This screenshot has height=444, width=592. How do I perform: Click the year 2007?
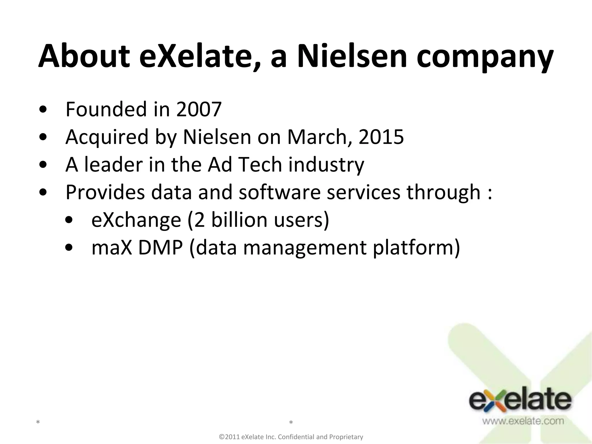(x=199, y=109)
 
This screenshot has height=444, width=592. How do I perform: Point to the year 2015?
(x=381, y=137)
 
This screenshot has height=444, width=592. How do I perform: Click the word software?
(x=280, y=192)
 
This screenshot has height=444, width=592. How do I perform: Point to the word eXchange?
(x=136, y=220)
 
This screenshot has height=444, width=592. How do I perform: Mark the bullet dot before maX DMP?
(x=69, y=248)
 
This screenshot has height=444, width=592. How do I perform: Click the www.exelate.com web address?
(x=523, y=421)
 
